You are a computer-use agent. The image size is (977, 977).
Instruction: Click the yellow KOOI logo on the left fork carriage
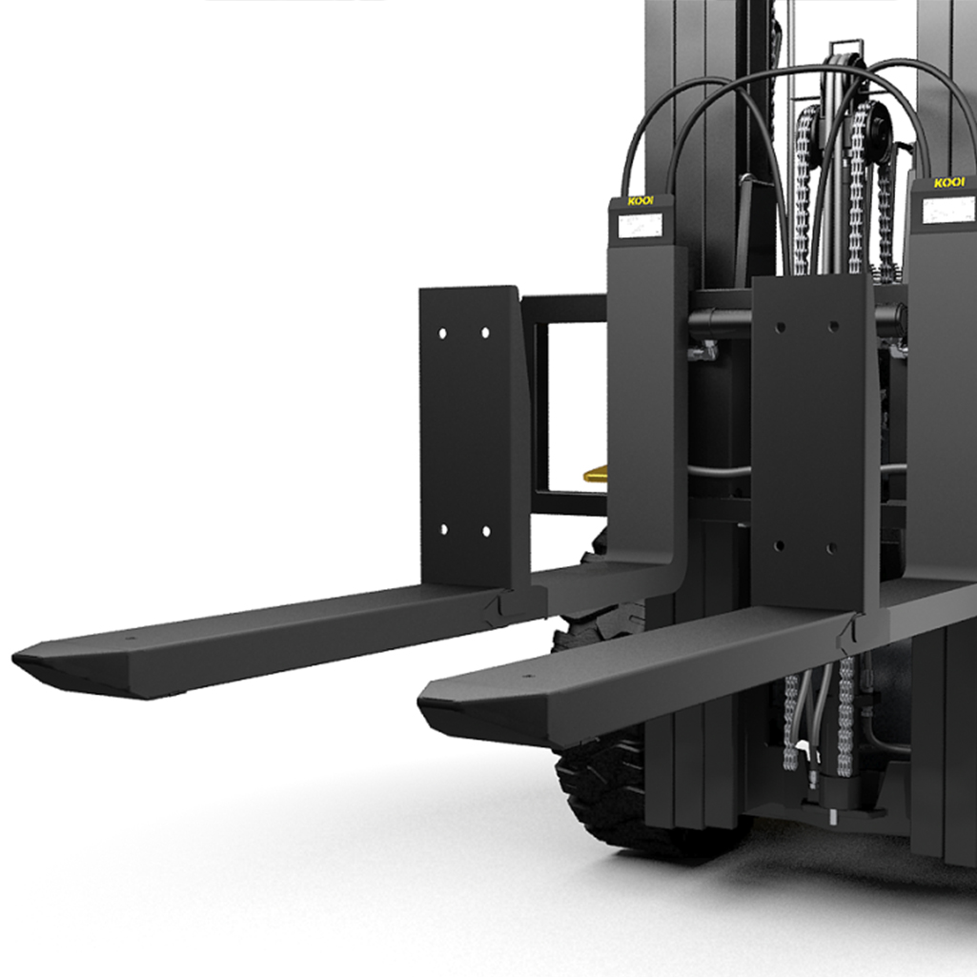[641, 200]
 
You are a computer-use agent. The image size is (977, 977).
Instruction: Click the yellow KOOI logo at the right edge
[949, 183]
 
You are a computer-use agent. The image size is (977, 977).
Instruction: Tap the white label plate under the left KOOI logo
[640, 226]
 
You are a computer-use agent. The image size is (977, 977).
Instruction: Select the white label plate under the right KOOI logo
[948, 210]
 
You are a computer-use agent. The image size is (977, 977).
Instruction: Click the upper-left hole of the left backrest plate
[442, 334]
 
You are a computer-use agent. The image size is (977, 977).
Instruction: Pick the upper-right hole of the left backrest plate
[485, 333]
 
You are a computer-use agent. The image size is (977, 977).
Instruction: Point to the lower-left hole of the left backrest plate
[443, 530]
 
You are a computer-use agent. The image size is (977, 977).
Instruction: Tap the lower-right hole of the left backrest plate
[486, 532]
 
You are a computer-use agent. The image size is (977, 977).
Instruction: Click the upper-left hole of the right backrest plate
[780, 327]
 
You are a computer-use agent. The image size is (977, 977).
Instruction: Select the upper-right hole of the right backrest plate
[834, 326]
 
